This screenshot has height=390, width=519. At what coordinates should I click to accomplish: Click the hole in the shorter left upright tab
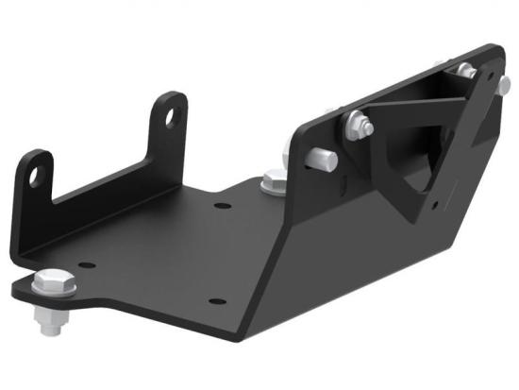pos(36,176)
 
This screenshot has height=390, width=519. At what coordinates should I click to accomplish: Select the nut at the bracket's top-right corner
pos(463,71)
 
